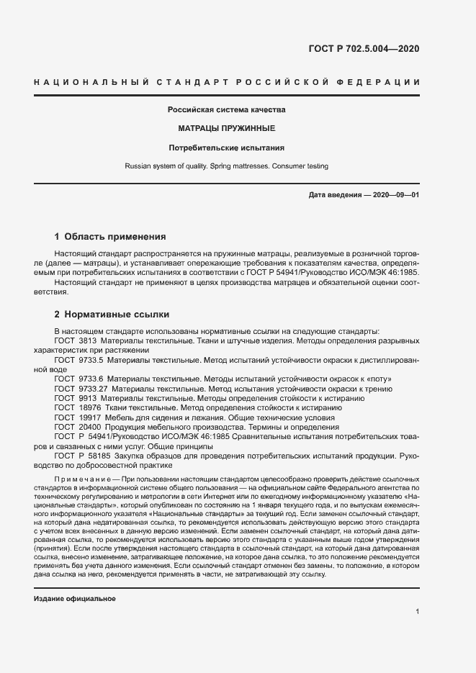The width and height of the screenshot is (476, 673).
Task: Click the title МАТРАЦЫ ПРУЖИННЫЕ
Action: [226, 129]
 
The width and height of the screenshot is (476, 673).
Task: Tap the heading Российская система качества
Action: [226, 110]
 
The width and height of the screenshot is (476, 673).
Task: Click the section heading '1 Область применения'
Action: [110, 236]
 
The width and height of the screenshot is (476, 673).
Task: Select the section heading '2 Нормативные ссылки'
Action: [112, 315]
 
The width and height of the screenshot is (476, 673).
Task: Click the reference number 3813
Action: [87, 340]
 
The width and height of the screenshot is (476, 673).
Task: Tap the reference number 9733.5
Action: [91, 359]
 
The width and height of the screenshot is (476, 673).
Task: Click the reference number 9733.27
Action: [93, 388]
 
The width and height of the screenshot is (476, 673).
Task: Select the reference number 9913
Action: [87, 398]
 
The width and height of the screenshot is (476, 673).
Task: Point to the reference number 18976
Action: [89, 407]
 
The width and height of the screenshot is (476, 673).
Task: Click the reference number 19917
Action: [89, 417]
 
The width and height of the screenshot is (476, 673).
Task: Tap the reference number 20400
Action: [89, 427]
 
